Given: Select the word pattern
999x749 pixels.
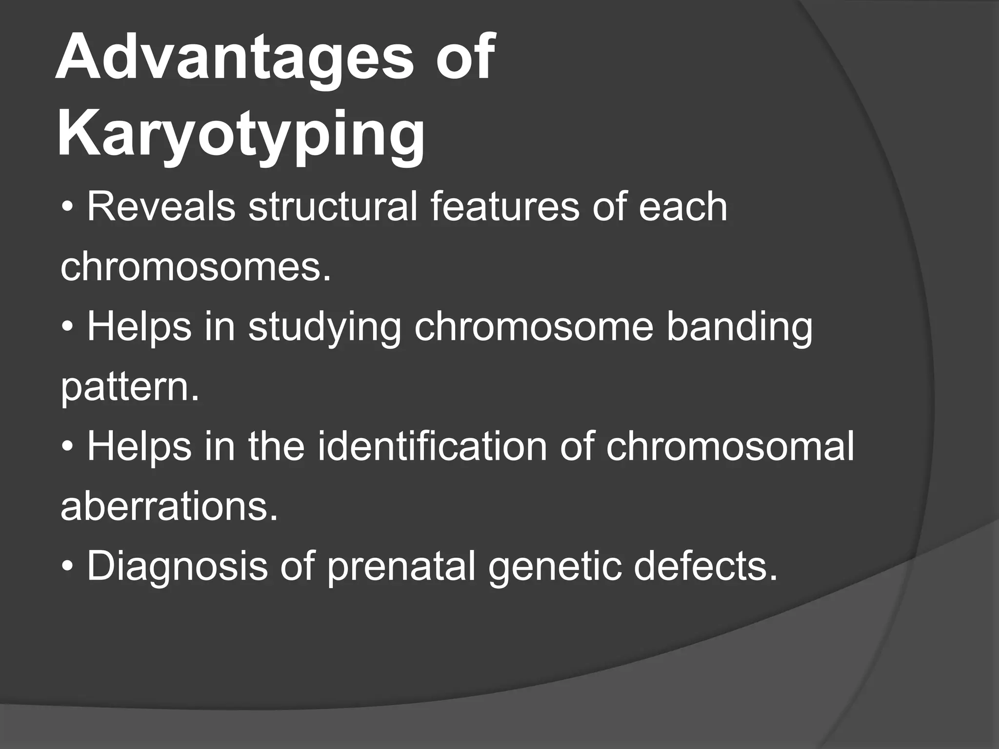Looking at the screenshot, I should [130, 388].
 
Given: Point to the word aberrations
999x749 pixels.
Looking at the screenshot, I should [169, 507].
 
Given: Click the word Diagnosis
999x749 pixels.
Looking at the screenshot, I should [177, 567].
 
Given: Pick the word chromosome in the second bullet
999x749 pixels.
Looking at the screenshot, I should [534, 328].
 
